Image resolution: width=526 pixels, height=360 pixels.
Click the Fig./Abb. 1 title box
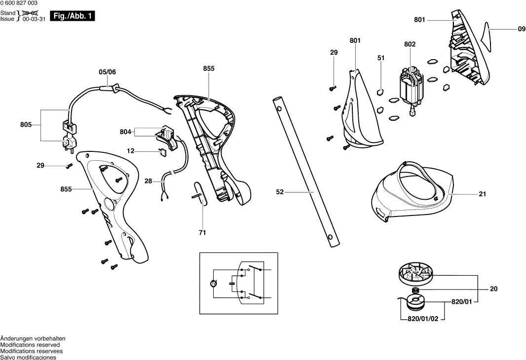tap(72, 16)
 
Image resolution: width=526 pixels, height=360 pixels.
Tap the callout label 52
tap(280, 192)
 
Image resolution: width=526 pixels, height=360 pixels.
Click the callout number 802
tap(410, 44)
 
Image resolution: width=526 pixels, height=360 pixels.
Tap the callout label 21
tap(482, 194)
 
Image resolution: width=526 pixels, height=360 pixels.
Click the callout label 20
tap(493, 289)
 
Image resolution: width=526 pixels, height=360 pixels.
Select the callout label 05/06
tap(107, 72)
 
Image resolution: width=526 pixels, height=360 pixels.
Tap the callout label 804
tap(126, 132)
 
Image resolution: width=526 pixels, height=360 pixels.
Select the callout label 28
tap(148, 181)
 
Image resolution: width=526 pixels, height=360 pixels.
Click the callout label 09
tap(521, 30)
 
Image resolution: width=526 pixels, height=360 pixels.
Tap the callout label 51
tap(381, 58)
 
